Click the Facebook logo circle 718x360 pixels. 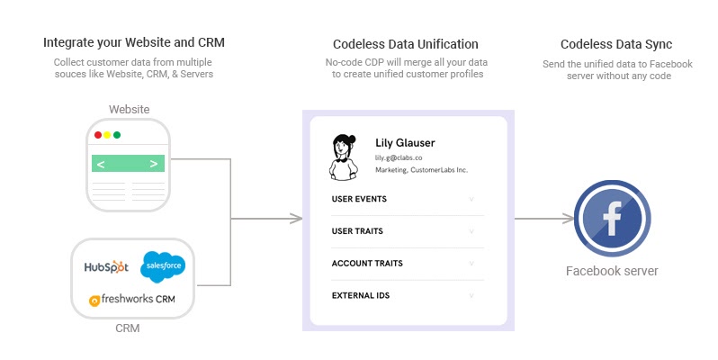pos(612,219)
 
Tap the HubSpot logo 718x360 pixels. pos(107,267)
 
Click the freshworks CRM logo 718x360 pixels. pos(131,299)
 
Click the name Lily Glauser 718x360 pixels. pos(405,142)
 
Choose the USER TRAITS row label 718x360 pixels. pos(357,231)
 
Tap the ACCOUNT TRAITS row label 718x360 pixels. pos(367,264)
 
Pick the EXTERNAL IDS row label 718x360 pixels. pos(361,295)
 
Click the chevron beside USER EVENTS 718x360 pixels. pos(471,199)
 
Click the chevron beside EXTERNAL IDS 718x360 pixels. pos(471,295)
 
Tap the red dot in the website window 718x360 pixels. pos(98,135)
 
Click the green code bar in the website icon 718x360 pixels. pos(128,164)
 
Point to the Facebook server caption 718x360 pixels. pos(612,271)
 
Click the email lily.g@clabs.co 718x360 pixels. pos(399,157)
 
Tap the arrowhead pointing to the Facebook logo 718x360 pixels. pos(569,218)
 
